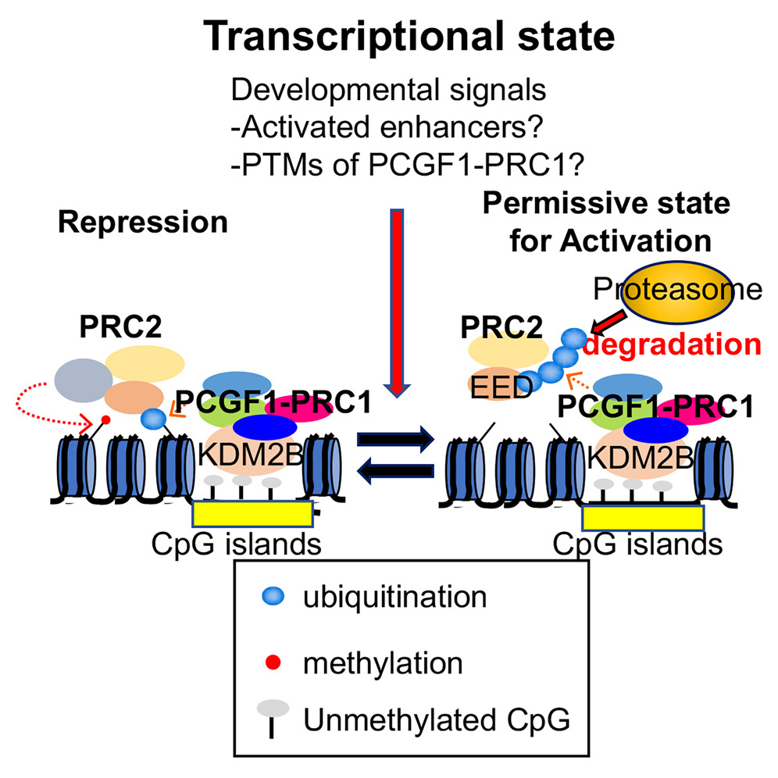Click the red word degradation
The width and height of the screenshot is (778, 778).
(672, 344)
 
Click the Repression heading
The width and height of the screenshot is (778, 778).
(142, 223)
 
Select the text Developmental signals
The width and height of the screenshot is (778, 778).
(387, 90)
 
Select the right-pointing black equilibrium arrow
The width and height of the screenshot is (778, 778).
(394, 441)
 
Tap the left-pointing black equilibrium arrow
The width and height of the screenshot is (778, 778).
(394, 472)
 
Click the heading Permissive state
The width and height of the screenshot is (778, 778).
(605, 204)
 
